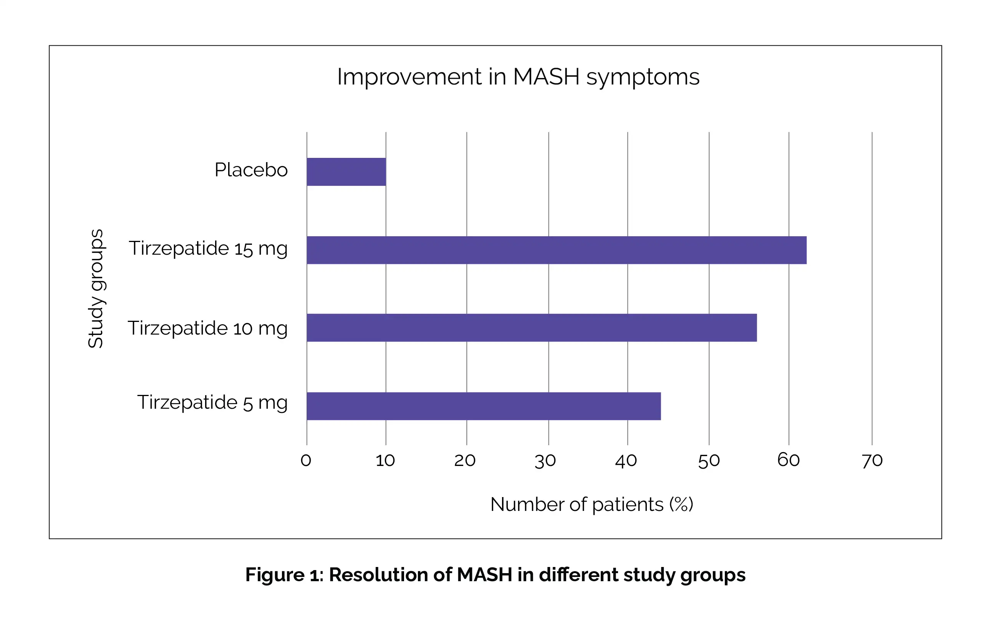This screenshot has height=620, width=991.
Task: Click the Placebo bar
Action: coord(346,172)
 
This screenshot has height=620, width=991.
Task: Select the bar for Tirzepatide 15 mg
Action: coord(557,250)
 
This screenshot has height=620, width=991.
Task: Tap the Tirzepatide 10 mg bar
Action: coord(531,328)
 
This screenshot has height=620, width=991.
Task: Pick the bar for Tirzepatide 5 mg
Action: coord(484,406)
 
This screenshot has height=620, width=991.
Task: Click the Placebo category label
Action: coord(251,170)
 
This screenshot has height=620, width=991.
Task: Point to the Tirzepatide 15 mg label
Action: coord(208,249)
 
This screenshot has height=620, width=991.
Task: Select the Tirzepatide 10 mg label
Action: coord(207,328)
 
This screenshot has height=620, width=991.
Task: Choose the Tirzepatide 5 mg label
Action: coord(212,402)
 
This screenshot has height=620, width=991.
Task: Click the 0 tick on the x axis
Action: coord(306,461)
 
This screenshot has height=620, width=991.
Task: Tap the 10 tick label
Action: coord(385,461)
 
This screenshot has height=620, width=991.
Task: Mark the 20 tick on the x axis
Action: coord(464,461)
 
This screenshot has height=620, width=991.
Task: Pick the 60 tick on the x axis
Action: coord(788,460)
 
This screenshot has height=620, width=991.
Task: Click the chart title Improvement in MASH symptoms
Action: coord(518,77)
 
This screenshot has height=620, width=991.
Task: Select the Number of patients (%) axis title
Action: coord(591,504)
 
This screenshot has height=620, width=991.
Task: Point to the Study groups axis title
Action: coord(96,288)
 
